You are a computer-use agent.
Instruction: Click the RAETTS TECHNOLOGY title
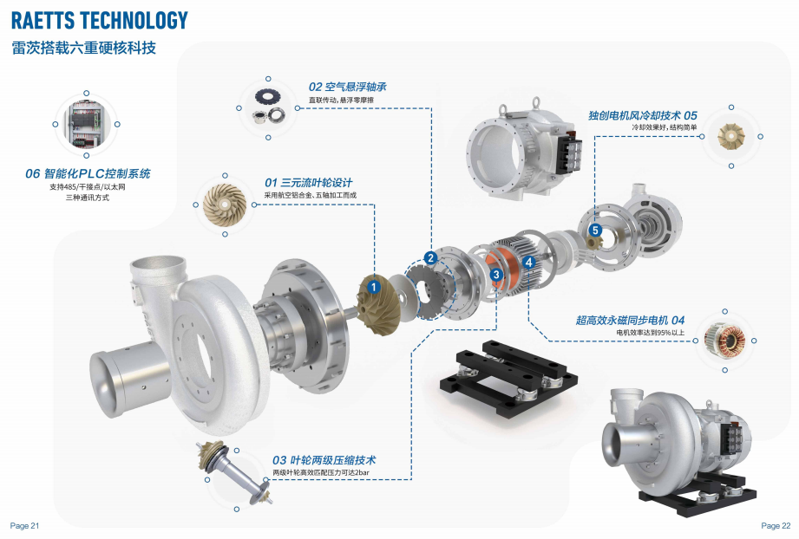[x=100, y=20]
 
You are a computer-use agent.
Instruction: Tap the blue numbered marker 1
[x=374, y=287]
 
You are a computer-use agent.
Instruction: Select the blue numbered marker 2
[x=430, y=258]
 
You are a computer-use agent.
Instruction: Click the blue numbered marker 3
[x=496, y=275]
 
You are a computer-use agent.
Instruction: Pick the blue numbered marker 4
[x=529, y=262]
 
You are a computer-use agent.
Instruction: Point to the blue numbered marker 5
[x=595, y=230]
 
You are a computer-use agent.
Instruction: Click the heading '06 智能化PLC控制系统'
[x=88, y=173]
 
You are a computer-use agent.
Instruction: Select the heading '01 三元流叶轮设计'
[x=308, y=183]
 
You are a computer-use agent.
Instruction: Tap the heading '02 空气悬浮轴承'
[x=348, y=87]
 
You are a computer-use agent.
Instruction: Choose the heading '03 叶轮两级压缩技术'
[x=324, y=460]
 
